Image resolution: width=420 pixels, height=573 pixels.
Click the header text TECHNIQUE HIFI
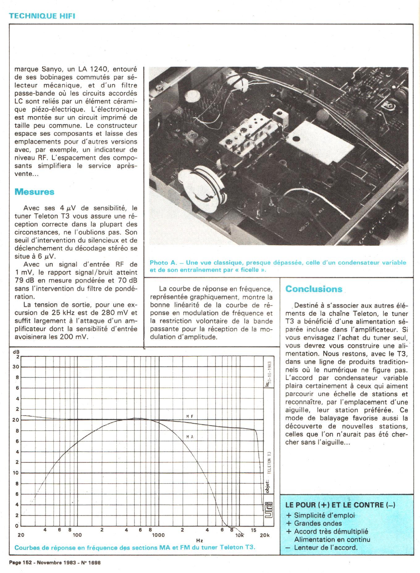point(42,16)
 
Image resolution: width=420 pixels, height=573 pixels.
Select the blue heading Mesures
point(34,192)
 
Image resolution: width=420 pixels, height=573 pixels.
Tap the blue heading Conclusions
point(314,289)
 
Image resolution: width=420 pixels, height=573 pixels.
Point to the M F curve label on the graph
point(190,416)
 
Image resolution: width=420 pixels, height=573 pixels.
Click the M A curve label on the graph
point(190,437)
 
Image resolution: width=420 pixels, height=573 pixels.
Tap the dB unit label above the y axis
point(16,352)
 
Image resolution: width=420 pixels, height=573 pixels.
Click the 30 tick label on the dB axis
point(15,367)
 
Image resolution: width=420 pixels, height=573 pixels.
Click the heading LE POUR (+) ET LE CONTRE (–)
point(340,505)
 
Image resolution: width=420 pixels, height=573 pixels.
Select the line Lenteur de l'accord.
point(325,548)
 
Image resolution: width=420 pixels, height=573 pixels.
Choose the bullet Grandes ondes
point(318,523)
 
